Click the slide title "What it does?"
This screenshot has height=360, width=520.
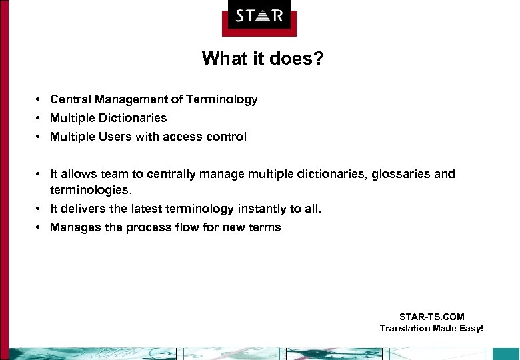pyautogui.click(x=263, y=59)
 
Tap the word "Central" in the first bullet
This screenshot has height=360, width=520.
pyautogui.click(x=71, y=99)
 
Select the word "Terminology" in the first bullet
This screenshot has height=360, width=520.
pyautogui.click(x=222, y=99)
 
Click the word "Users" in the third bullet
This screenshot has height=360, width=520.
pyautogui.click(x=118, y=137)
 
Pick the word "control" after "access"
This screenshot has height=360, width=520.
pyautogui.click(x=225, y=137)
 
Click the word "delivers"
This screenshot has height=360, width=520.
pyautogui.click(x=83, y=209)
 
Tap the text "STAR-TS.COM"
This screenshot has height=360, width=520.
pyautogui.click(x=431, y=317)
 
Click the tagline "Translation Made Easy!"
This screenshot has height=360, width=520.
pyautogui.click(x=431, y=328)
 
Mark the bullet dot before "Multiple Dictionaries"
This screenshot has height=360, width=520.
pyautogui.click(x=40, y=118)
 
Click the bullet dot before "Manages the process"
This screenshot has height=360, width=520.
pyautogui.click(x=40, y=227)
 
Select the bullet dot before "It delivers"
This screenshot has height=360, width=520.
pyautogui.click(x=40, y=209)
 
